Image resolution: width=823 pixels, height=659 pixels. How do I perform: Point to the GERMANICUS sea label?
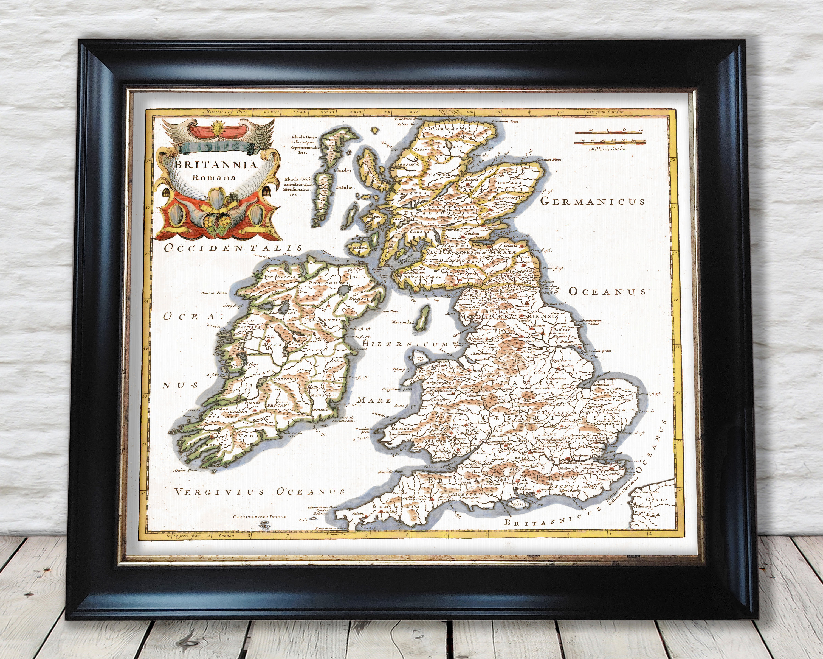(x=593, y=201)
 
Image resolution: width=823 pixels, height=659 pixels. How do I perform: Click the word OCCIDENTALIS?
(x=233, y=248)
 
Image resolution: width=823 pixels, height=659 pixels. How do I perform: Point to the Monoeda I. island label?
(x=402, y=322)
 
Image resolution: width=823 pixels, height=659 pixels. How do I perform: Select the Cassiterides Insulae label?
(x=259, y=516)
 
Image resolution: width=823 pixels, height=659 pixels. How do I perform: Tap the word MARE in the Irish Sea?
(x=374, y=400)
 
